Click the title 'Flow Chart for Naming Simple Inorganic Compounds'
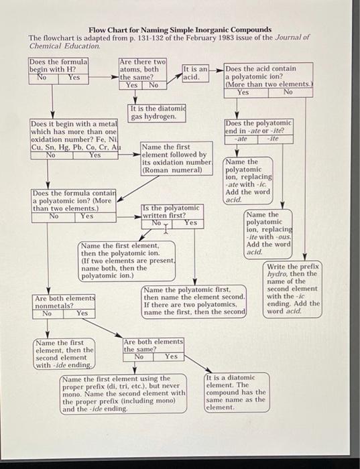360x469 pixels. click(x=180, y=29)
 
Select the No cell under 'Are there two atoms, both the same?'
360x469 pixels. click(x=154, y=85)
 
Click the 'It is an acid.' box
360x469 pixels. click(x=195, y=73)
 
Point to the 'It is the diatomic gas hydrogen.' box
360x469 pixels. click(x=154, y=113)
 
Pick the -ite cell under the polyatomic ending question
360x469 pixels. click(x=273, y=139)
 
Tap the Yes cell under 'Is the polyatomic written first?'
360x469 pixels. click(x=190, y=223)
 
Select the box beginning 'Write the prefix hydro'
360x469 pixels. click(x=293, y=289)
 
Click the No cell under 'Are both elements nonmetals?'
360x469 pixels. click(x=47, y=313)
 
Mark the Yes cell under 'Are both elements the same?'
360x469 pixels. click(x=170, y=356)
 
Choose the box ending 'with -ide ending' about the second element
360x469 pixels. click(x=64, y=354)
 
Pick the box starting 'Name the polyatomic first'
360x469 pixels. click(x=194, y=301)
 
